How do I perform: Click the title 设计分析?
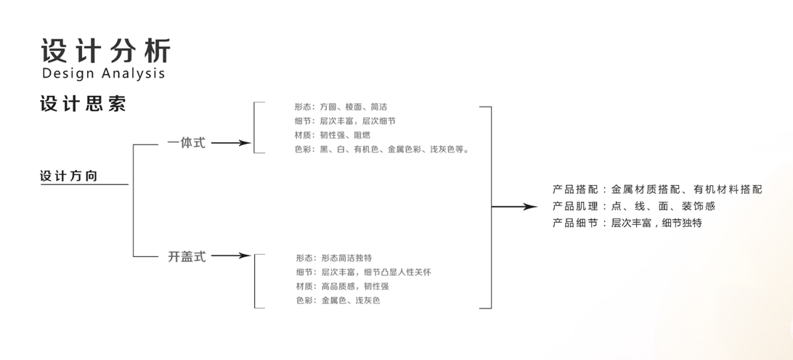(106, 51)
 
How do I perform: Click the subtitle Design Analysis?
(104, 73)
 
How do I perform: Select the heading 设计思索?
(83, 104)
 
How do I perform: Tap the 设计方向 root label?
(68, 176)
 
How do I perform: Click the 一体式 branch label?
(186, 143)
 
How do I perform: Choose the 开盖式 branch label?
(187, 256)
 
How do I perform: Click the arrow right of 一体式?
(231, 143)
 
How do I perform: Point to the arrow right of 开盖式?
(231, 255)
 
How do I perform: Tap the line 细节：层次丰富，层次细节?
(345, 121)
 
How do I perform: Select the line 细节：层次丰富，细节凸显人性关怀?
(364, 272)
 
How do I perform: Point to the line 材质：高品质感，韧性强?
(342, 286)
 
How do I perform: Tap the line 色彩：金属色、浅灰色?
(338, 300)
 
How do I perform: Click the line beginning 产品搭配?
(657, 189)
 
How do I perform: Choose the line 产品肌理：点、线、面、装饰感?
(634, 206)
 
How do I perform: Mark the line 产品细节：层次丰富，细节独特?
(627, 223)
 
